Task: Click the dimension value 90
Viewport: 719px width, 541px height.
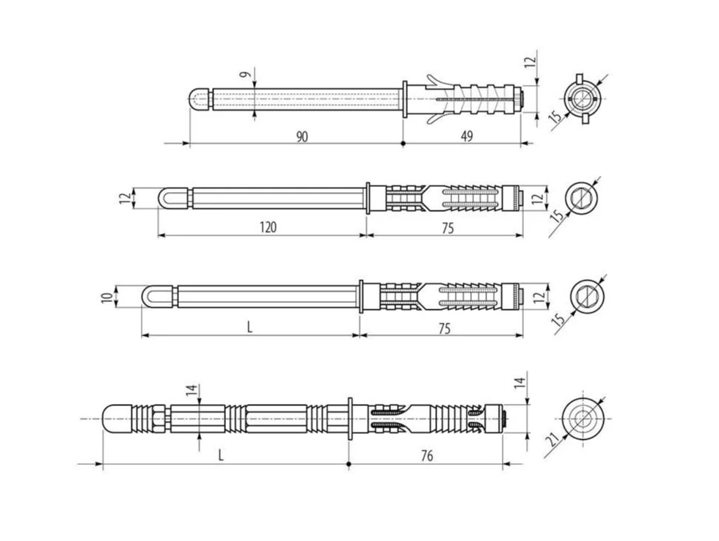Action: coord(302,136)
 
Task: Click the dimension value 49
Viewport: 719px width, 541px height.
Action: coord(467,136)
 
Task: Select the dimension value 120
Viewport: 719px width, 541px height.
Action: coord(268,227)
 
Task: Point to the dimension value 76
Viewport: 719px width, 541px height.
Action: coord(426,456)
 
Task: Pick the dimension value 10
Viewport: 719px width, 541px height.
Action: coord(107,298)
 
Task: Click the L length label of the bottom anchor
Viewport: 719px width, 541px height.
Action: coord(221,455)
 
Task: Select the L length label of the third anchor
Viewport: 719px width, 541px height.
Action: coord(249,327)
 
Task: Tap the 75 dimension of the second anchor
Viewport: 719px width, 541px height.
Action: coord(448,228)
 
